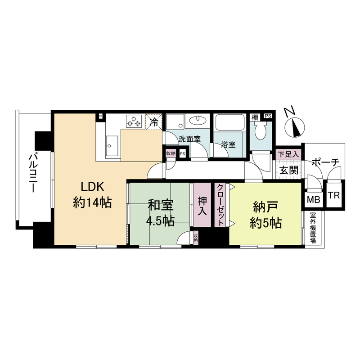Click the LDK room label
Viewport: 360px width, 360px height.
coord(92,195)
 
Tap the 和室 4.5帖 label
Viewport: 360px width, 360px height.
coord(161,213)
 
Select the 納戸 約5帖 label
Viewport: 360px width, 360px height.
coord(266,215)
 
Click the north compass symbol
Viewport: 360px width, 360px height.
coord(294,124)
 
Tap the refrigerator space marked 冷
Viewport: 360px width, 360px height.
coord(154,122)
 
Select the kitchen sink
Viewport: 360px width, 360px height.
coord(112,145)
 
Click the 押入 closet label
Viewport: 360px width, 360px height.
coord(202,206)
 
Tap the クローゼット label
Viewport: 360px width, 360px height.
coord(220,205)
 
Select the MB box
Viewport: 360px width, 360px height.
coord(313,200)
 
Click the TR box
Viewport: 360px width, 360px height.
coord(333,196)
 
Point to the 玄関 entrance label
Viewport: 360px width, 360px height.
coord(288,171)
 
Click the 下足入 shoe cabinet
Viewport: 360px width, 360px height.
coord(288,154)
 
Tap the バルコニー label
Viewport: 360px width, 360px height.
coord(32,174)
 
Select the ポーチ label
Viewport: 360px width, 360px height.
coord(325,162)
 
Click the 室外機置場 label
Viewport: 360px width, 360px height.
coord(313,228)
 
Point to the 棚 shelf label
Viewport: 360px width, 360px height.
coord(255,117)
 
